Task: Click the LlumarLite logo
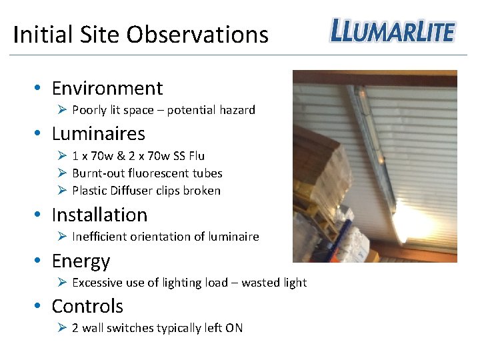click(392, 31)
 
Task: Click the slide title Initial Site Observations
click(141, 35)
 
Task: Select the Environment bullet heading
click(107, 88)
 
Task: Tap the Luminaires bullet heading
click(98, 133)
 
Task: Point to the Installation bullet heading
click(99, 215)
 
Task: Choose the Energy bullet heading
click(81, 261)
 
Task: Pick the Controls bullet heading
click(87, 306)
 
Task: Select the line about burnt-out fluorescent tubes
click(147, 173)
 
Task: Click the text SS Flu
click(187, 156)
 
